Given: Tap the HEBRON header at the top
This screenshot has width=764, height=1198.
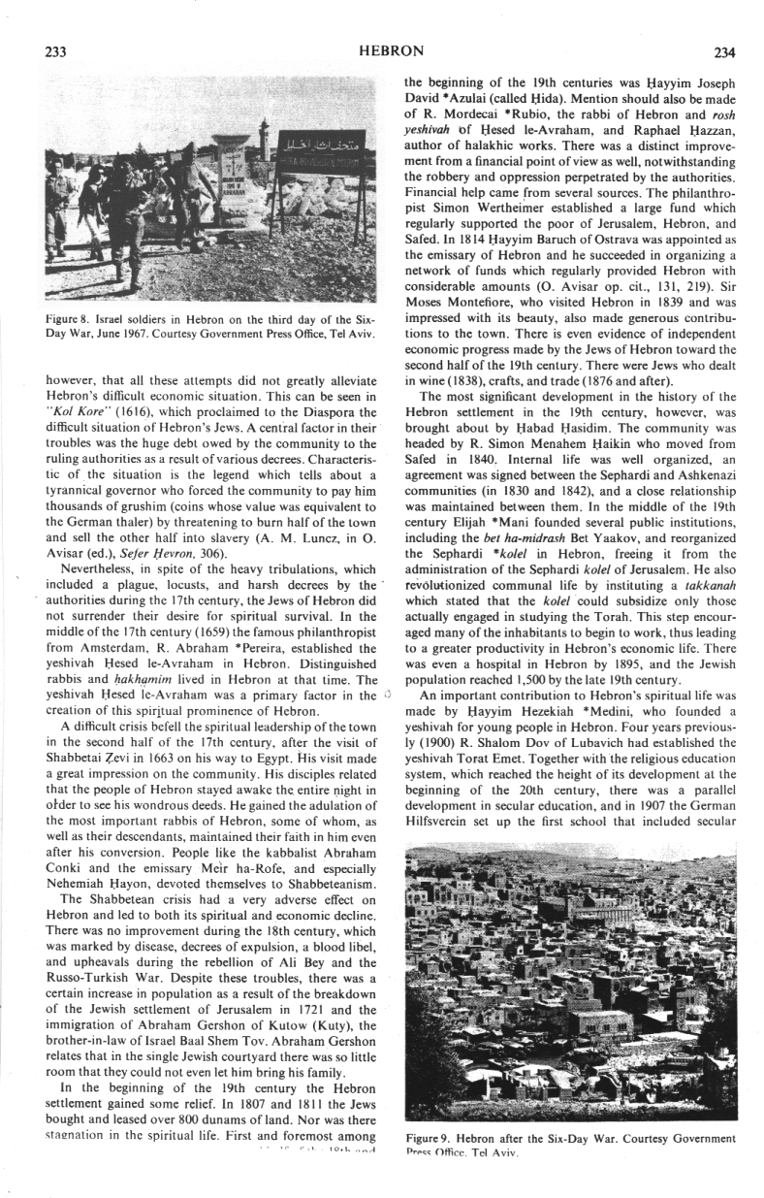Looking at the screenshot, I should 391,50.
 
